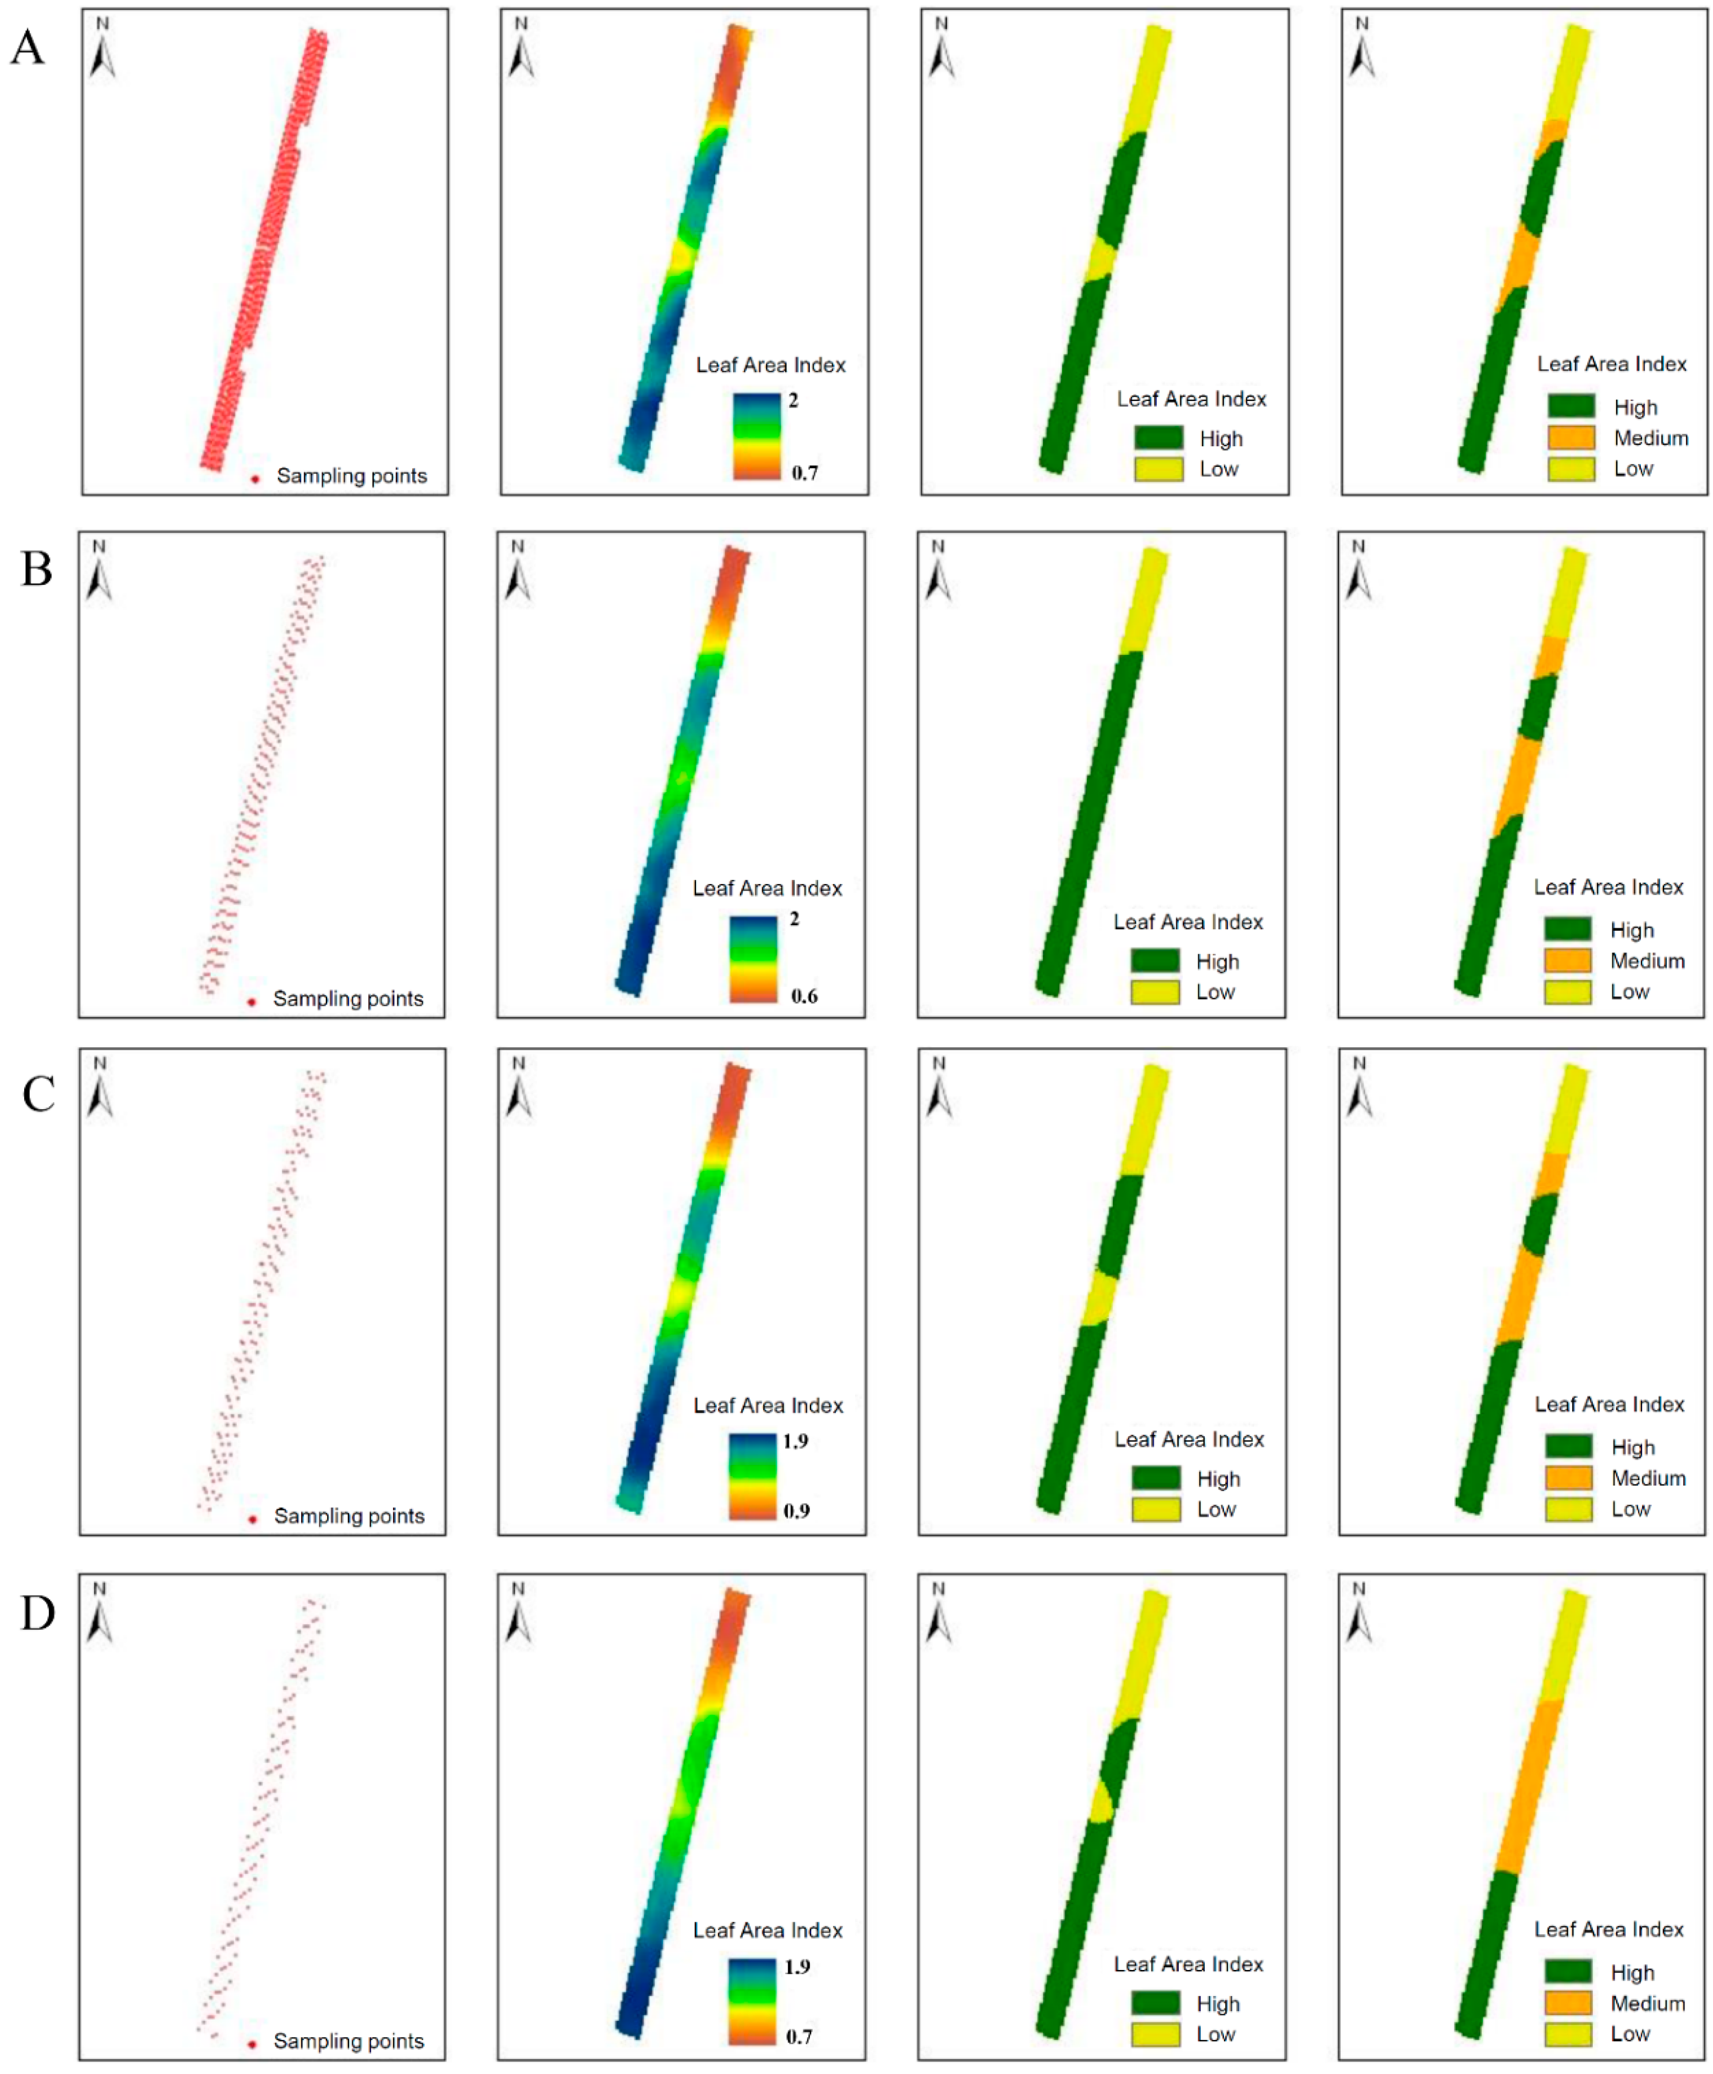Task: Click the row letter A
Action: (28, 47)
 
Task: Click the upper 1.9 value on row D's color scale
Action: (797, 1966)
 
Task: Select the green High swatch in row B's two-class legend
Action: (1155, 961)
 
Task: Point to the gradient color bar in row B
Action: (753, 959)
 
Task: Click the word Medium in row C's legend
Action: (1648, 1478)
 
